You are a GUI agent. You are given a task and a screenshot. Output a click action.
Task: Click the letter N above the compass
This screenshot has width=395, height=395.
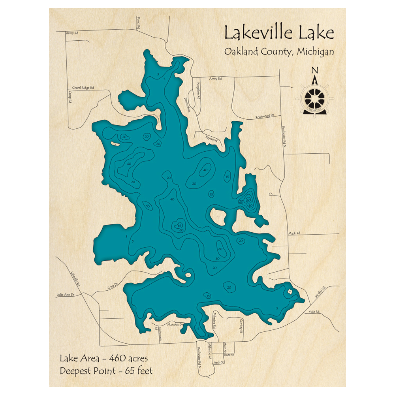315,71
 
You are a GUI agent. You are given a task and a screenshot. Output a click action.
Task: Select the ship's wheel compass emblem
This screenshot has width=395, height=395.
315,97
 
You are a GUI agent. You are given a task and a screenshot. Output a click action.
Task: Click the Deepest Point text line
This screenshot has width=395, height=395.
106,371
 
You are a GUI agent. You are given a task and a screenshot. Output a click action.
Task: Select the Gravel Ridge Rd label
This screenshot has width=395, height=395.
83,87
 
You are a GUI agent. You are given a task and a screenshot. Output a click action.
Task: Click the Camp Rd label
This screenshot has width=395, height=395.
70,97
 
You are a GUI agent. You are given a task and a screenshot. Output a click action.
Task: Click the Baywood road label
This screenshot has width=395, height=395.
212,138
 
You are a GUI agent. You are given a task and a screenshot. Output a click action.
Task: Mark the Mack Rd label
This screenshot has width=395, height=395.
294,233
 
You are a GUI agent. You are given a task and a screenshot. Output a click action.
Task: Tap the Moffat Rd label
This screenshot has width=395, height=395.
319,293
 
